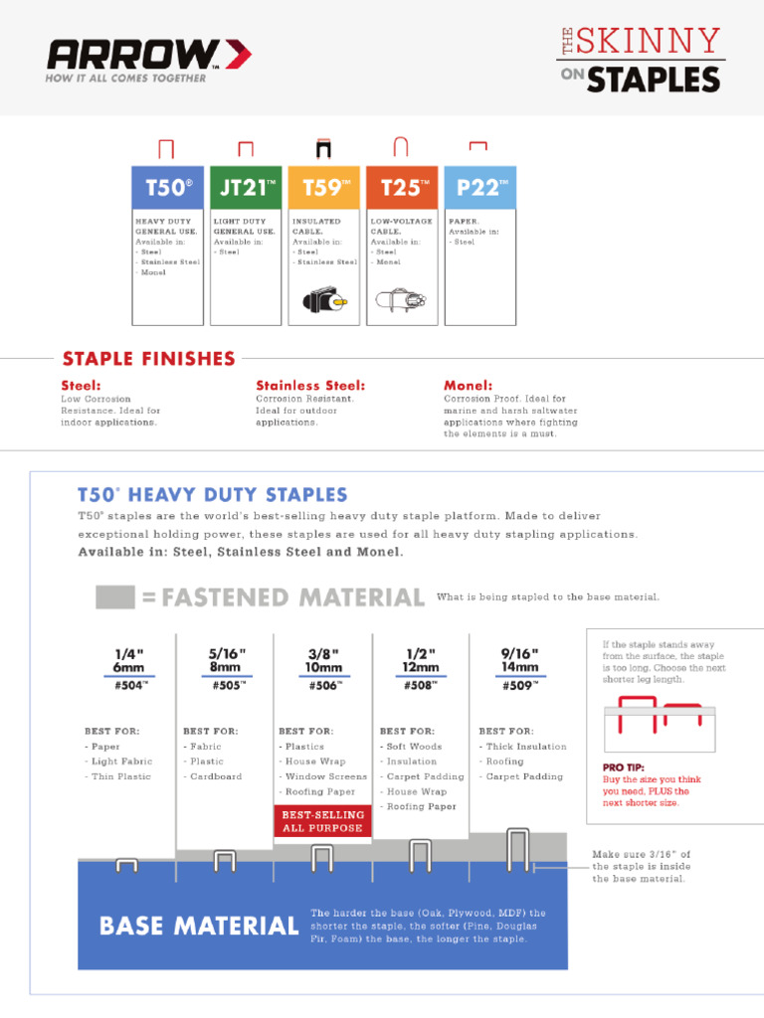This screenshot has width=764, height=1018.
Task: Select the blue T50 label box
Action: pos(168,188)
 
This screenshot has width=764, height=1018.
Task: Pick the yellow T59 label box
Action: pos(323,188)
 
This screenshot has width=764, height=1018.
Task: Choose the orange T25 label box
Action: pos(402,188)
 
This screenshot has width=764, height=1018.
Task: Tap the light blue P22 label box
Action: pos(480,188)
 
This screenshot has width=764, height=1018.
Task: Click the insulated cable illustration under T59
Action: pos(323,297)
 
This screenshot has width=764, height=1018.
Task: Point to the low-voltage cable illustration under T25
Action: pos(401,297)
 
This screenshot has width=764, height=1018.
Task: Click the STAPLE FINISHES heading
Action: pos(149,359)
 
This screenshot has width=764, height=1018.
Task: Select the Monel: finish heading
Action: pos(468,386)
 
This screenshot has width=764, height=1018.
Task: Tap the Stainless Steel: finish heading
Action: pos(310,386)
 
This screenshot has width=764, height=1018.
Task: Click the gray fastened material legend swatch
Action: pos(115,597)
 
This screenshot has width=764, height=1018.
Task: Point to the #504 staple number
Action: pos(129,684)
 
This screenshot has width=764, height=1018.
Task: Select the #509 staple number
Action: pos(519,684)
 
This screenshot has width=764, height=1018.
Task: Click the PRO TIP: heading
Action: pos(624,767)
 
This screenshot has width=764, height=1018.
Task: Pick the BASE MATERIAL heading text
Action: pos(199,927)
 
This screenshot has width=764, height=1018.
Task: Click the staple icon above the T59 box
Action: pos(323,148)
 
